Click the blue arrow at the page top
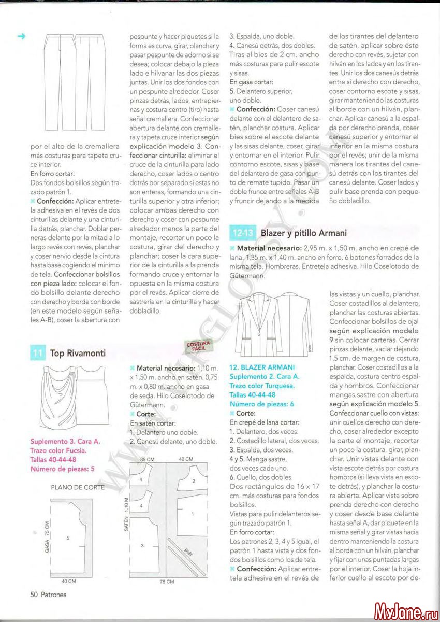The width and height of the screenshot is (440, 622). (x=21, y=36)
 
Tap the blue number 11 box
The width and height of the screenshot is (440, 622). (x=37, y=354)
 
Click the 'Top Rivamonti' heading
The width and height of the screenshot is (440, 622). (x=78, y=354)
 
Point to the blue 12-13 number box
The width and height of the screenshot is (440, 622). (x=242, y=233)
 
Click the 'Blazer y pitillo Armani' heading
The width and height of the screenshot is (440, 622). (x=304, y=233)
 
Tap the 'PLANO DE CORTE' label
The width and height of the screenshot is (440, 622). (x=77, y=487)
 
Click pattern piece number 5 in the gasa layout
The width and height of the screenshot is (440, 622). (x=68, y=538)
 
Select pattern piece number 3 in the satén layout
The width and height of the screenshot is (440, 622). (x=142, y=545)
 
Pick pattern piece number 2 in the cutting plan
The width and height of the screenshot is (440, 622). (x=193, y=481)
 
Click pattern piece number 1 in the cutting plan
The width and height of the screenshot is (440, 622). (x=193, y=514)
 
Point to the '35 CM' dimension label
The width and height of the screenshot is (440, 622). (x=148, y=459)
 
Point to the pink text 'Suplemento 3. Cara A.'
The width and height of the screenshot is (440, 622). (x=65, y=442)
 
